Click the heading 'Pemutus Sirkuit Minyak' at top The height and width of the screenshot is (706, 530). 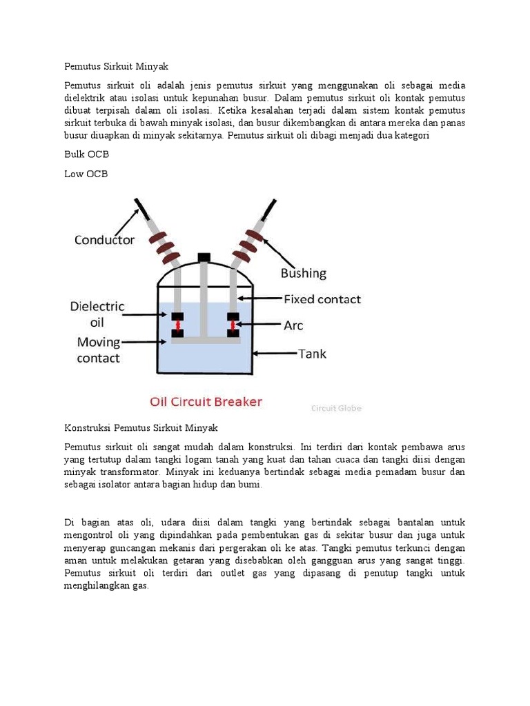click(x=116, y=67)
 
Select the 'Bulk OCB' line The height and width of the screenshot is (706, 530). click(x=86, y=154)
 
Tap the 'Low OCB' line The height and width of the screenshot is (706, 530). click(x=86, y=174)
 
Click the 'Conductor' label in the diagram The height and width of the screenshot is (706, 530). click(x=105, y=240)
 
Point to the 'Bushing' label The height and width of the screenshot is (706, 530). click(x=303, y=273)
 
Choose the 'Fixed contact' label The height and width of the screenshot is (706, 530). click(x=322, y=299)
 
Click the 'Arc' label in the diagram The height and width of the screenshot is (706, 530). click(x=293, y=324)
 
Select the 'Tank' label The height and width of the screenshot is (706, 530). click(x=312, y=354)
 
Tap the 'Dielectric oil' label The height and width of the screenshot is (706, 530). click(x=97, y=314)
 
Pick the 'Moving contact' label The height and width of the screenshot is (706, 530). click(x=98, y=350)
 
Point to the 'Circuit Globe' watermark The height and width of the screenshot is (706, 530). click(x=336, y=408)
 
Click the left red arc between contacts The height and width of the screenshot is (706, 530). click(x=177, y=325)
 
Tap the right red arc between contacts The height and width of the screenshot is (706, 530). click(x=233, y=325)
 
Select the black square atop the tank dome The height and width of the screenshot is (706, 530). click(x=204, y=258)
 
